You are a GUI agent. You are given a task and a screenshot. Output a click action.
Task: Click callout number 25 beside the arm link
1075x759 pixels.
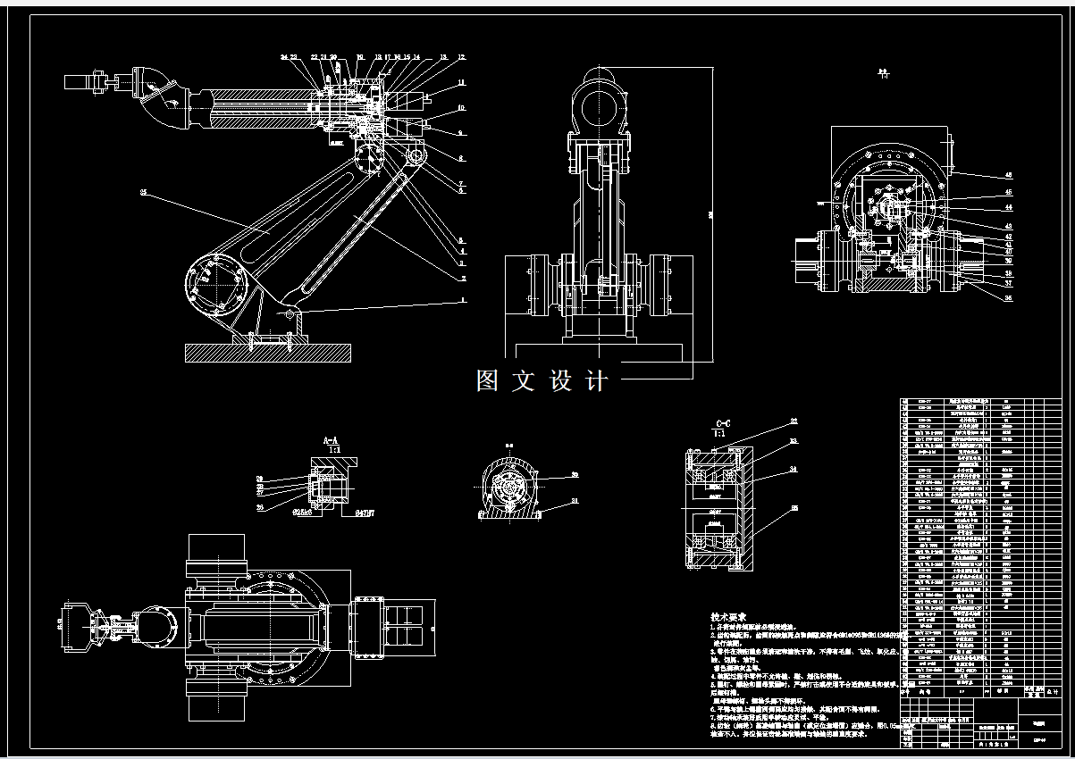coord(143,192)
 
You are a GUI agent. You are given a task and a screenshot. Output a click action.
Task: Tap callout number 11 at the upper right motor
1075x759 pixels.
coord(462,82)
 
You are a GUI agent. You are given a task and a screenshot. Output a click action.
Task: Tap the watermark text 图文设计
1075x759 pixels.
coord(542,381)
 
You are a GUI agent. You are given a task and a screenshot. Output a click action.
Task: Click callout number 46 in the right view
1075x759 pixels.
coord(1009,175)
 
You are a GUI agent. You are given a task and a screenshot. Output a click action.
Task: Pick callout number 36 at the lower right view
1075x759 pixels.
coord(1009,298)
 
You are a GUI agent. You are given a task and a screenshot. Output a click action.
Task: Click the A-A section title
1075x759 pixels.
coord(331,440)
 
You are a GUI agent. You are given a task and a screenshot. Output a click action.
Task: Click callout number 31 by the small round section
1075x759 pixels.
coord(575,501)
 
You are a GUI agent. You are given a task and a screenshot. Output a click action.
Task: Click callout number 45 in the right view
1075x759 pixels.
coord(1009,192)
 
